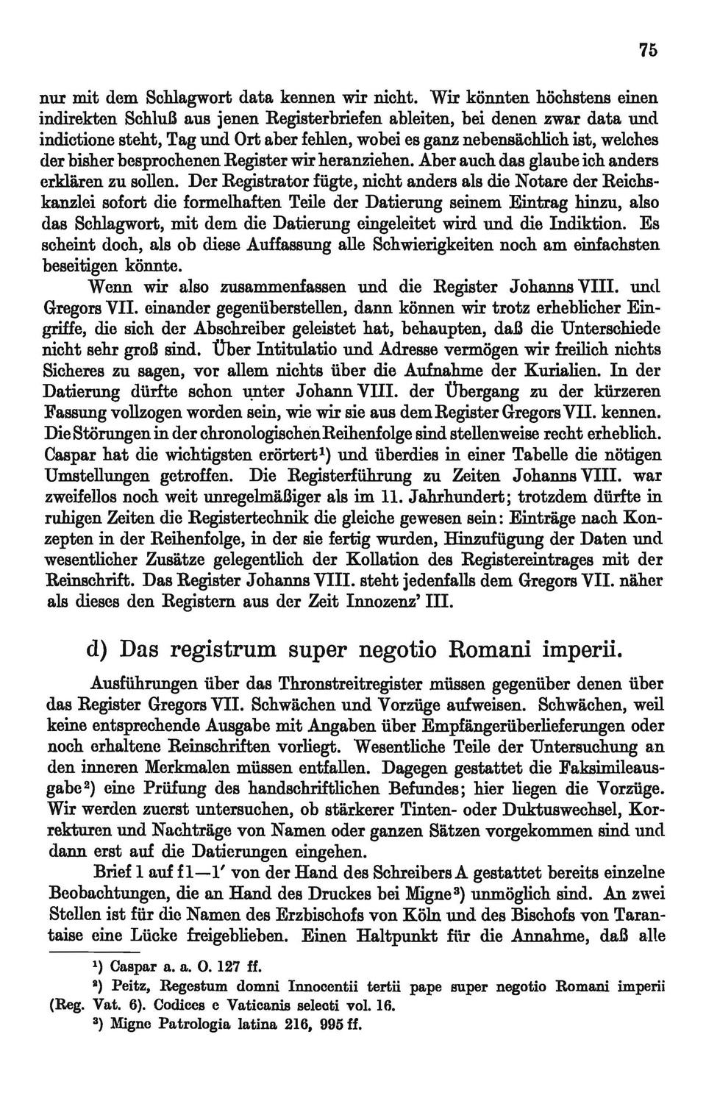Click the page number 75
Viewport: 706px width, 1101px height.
(x=647, y=50)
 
